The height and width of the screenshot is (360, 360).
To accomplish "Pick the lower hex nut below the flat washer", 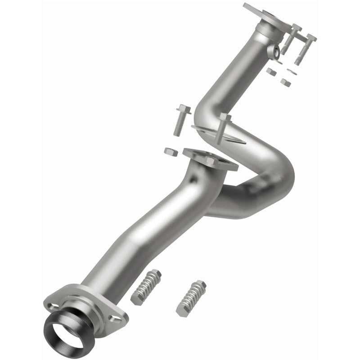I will pyautogui.click(x=285, y=81).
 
